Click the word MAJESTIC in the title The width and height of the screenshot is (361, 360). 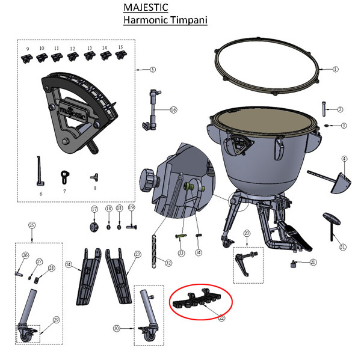(146, 8)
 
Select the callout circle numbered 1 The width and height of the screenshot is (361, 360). (335, 69)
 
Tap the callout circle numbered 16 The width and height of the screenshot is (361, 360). (173, 110)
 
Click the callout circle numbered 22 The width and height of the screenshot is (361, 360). (221, 318)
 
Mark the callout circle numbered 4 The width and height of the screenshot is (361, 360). (344, 159)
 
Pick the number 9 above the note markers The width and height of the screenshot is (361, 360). (26, 48)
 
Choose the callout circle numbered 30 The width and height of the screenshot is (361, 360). (116, 328)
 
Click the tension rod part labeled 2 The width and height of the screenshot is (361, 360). (326, 110)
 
